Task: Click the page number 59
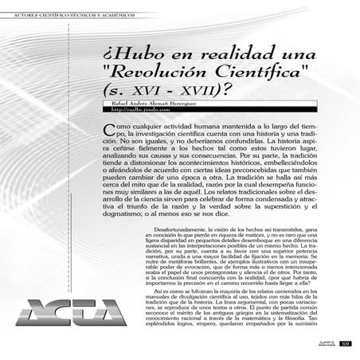click(x=345, y=343)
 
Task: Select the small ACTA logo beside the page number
click(x=325, y=343)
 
